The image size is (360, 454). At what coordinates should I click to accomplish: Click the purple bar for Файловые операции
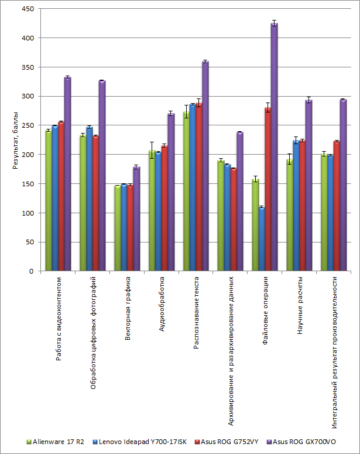tap(274, 146)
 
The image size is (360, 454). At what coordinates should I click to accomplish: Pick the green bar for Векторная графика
tap(117, 228)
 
